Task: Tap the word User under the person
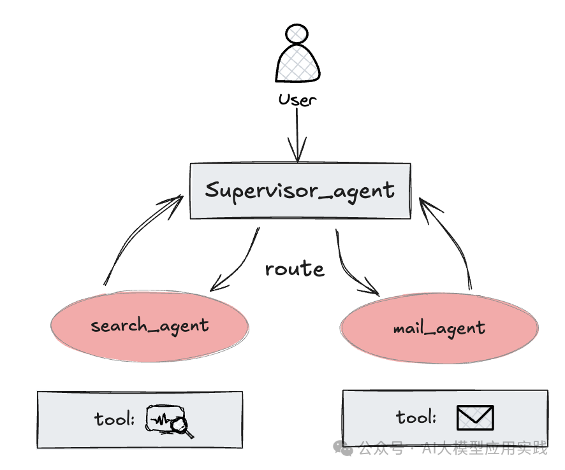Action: pyautogui.click(x=297, y=100)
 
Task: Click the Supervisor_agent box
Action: pyautogui.click(x=300, y=191)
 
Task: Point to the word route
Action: pyautogui.click(x=295, y=269)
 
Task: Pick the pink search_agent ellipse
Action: pyautogui.click(x=150, y=326)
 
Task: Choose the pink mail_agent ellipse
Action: pyautogui.click(x=439, y=329)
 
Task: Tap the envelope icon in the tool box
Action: pyautogui.click(x=475, y=418)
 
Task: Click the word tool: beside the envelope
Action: pyautogui.click(x=416, y=418)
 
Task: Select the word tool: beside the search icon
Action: pyautogui.click(x=115, y=419)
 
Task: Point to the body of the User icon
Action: pyautogui.click(x=297, y=65)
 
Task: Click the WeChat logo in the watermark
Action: pyautogui.click(x=346, y=448)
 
